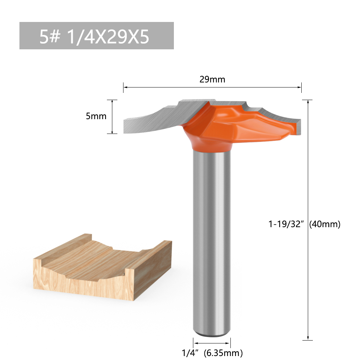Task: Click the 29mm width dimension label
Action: point(212,80)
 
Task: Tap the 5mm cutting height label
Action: point(96,116)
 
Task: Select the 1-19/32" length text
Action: point(286,224)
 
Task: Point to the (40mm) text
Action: point(325,224)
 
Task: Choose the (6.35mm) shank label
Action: point(223,353)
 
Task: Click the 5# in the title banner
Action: point(50,36)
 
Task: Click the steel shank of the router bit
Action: point(212,241)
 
